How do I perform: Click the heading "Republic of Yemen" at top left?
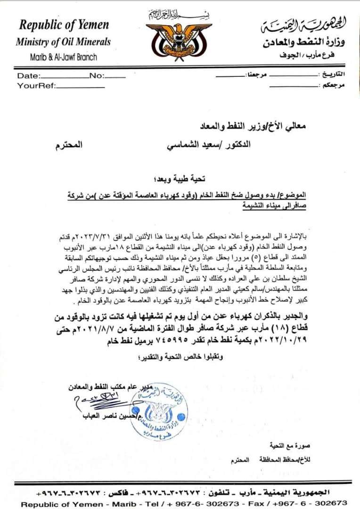pos(64,25)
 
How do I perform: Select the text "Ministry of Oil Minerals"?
pos(63,41)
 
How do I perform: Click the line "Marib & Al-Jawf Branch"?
pos(63,57)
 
